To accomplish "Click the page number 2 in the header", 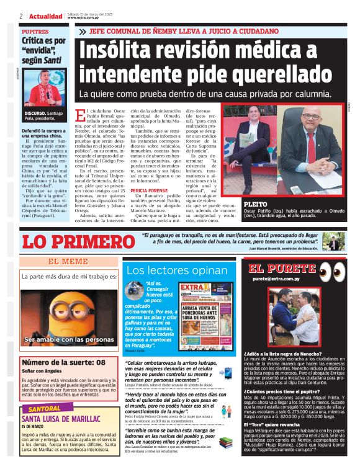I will (x=21, y=16).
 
